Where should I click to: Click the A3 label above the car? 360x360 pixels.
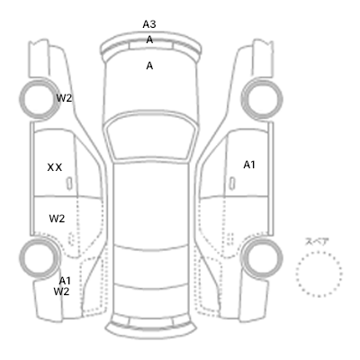coord(149,24)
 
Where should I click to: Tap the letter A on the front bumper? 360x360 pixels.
coord(149,40)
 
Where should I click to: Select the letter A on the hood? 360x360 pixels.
coord(149,66)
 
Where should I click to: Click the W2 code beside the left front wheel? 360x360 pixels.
coord(64,98)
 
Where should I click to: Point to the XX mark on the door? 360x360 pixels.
coord(55,167)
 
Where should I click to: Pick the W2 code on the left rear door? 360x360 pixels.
coord(57,219)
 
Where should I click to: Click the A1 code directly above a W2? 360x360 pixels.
coord(65,281)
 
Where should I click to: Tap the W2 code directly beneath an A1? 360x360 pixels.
coord(61,292)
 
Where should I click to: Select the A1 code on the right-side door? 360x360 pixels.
coord(249,165)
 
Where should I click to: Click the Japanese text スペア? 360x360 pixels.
coord(317,242)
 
